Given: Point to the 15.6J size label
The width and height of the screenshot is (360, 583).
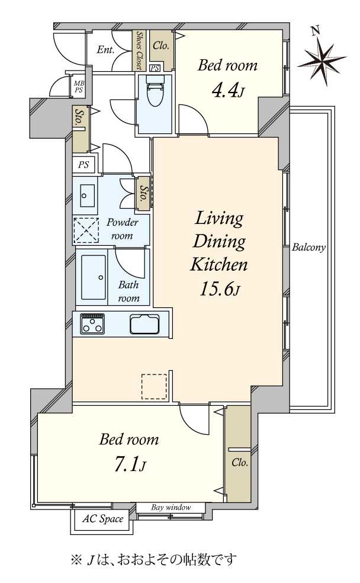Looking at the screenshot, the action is tap(220, 289).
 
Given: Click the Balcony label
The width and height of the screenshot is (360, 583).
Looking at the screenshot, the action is tap(308, 247).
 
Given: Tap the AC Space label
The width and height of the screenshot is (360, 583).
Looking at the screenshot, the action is tap(102, 518).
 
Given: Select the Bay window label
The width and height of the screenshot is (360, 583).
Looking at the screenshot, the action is tap(171, 507).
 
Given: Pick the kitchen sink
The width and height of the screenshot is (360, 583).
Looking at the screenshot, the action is tap(144, 324).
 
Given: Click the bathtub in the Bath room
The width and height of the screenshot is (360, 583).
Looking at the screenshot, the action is tap(93, 277).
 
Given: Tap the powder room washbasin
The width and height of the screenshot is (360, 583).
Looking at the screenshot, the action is tap(85, 195).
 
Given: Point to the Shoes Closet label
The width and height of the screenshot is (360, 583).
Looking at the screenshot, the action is tap(139, 50).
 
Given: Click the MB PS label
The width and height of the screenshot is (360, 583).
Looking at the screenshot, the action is tap(78, 87).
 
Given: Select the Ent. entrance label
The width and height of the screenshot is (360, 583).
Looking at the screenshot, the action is tap(106, 50).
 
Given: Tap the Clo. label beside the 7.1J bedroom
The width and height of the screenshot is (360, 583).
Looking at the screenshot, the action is tap(239, 463).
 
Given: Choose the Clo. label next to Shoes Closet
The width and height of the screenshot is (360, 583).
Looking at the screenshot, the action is tap(161, 46).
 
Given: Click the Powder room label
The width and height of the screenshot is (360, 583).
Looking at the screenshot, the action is tap(122, 229).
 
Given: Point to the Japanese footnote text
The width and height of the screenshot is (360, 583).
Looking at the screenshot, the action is tap(153, 559).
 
